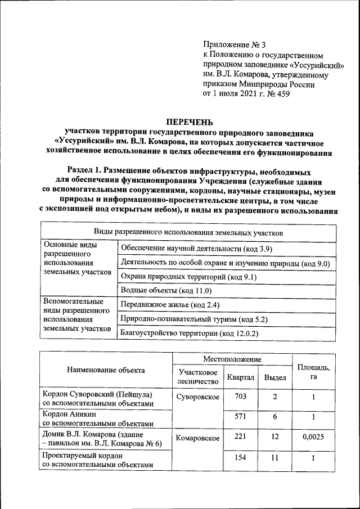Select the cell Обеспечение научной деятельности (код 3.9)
click(x=196, y=249)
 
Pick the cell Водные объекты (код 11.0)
click(x=166, y=291)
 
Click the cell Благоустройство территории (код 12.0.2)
click(x=189, y=334)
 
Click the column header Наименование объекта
click(x=106, y=370)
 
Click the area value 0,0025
click(x=313, y=438)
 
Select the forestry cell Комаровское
click(x=197, y=438)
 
